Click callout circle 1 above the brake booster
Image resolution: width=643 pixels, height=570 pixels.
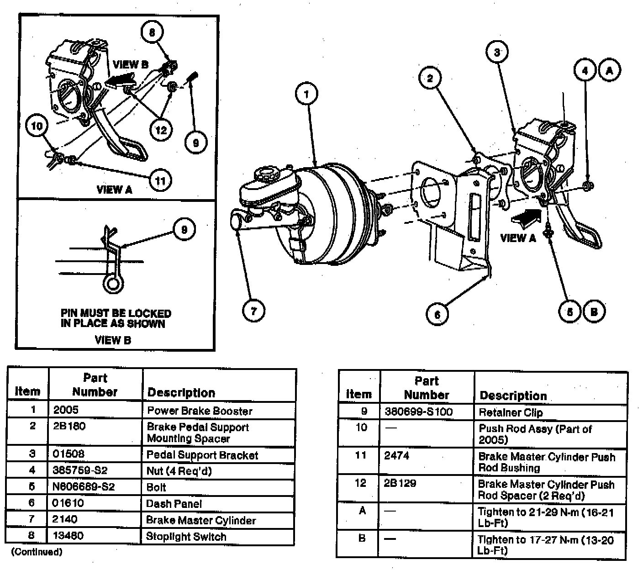click(306, 95)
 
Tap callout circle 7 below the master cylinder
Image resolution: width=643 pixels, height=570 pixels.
click(253, 311)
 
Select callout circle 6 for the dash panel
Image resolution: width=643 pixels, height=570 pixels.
click(437, 314)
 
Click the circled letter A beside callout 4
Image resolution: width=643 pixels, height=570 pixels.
click(609, 70)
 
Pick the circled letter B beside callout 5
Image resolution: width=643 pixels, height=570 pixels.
click(594, 311)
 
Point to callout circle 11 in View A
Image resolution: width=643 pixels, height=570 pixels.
click(160, 180)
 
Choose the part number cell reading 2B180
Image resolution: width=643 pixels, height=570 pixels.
click(69, 427)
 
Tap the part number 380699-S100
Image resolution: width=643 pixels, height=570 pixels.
click(419, 412)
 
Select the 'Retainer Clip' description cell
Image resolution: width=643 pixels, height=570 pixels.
click(511, 413)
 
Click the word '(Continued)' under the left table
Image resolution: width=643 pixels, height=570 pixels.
click(36, 552)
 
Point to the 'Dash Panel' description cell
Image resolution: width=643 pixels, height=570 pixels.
click(174, 504)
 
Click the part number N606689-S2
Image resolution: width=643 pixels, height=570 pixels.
click(84, 487)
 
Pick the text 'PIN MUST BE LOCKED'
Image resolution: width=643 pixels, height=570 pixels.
click(116, 313)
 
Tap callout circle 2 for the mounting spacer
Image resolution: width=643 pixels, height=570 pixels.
click(430, 79)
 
